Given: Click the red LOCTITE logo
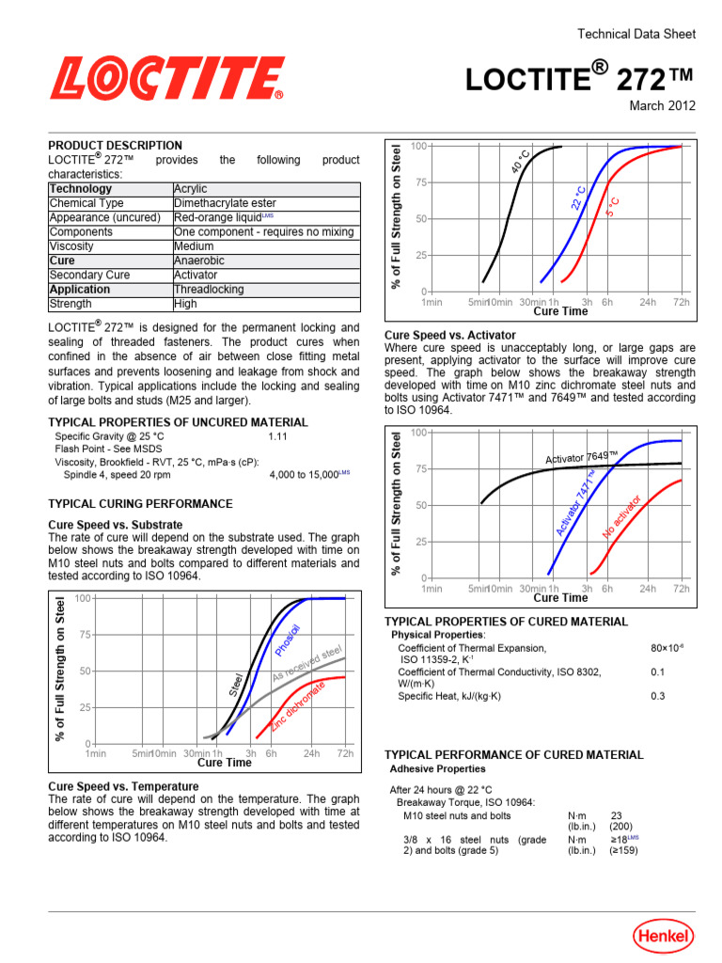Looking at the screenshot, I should click(167, 78).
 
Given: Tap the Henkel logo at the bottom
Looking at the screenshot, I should click(663, 936).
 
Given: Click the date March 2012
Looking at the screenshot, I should click(662, 105).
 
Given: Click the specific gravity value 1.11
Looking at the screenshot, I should click(277, 437).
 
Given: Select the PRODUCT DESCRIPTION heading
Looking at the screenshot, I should click(116, 146).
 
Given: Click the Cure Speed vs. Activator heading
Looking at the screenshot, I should click(450, 335).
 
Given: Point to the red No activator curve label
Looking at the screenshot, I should click(622, 518).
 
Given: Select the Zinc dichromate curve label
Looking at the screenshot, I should click(298, 706).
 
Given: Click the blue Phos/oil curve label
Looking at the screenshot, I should click(288, 640).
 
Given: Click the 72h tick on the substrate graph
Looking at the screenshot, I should click(345, 754).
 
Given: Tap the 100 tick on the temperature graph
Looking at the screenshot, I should click(418, 146).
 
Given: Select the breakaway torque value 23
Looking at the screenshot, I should click(617, 816).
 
